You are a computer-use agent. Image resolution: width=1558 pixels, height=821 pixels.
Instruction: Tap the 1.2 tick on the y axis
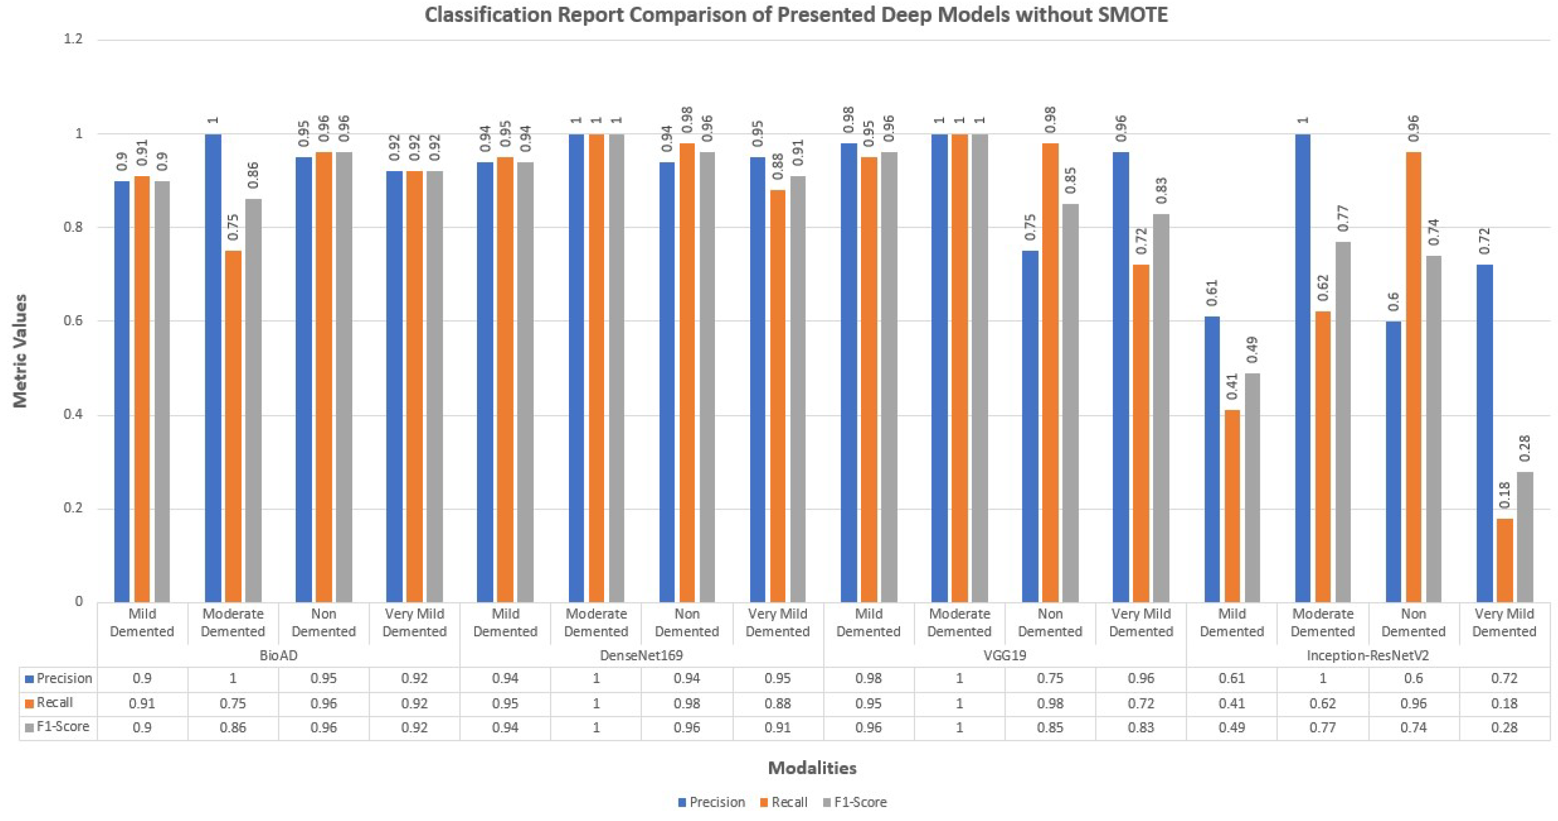(x=73, y=39)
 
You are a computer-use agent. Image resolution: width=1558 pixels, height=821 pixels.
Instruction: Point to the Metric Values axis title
(x=20, y=351)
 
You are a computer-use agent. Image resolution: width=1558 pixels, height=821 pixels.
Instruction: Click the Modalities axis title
(x=811, y=768)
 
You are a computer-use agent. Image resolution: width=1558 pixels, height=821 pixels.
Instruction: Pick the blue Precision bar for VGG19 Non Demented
(x=1030, y=426)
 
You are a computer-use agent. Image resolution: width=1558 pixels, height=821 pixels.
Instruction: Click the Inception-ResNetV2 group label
(x=1367, y=656)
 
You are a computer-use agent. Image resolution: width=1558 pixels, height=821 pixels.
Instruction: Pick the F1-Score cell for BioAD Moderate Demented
(x=233, y=727)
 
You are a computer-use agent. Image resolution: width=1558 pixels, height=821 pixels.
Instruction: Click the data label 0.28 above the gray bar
(x=1524, y=448)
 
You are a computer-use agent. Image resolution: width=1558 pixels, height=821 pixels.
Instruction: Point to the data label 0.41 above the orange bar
(x=1232, y=387)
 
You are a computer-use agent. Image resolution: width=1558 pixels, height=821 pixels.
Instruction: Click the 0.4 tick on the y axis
(x=73, y=415)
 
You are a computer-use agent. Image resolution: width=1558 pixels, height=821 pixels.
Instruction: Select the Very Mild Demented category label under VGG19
(x=1141, y=623)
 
